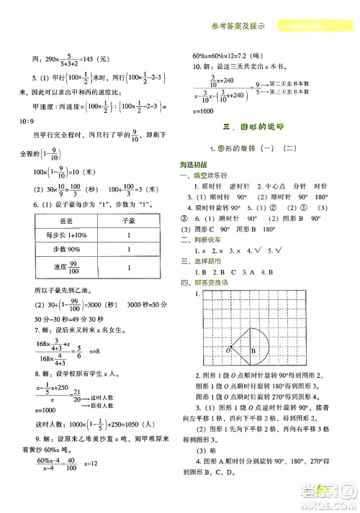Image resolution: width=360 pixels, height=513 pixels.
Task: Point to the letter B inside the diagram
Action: tap(253, 350)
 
